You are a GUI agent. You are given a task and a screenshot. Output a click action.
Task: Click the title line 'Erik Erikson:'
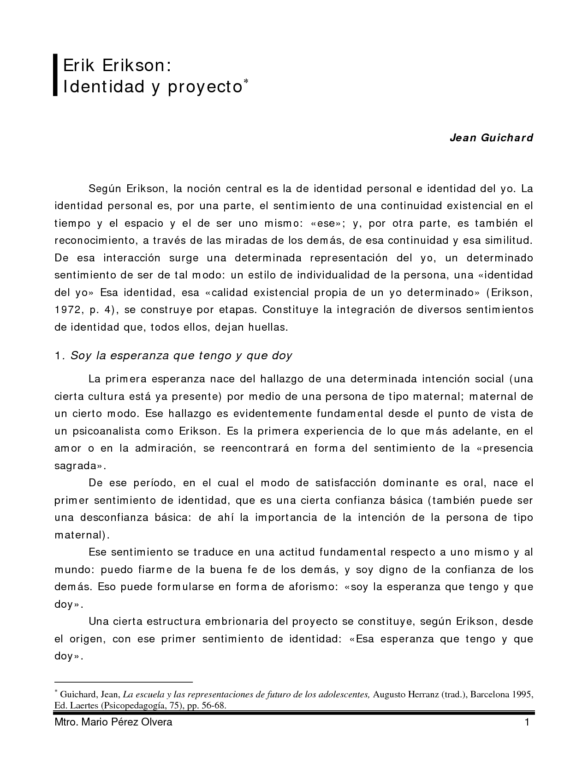pos(117,65)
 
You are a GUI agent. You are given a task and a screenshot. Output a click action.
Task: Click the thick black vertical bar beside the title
pos(55,75)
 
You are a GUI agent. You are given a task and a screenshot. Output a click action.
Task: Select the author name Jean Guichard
pos(491,138)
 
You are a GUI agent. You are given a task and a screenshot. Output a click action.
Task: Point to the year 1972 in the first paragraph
pos(68,309)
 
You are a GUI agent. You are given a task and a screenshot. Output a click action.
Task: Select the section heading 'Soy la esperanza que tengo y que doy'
pos(181,356)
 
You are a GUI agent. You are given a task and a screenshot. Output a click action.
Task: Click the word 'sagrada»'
pos(80,466)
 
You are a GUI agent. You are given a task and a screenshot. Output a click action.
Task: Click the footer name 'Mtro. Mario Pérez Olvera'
pos(113,722)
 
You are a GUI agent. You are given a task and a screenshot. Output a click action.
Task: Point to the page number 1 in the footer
pos(527,722)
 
